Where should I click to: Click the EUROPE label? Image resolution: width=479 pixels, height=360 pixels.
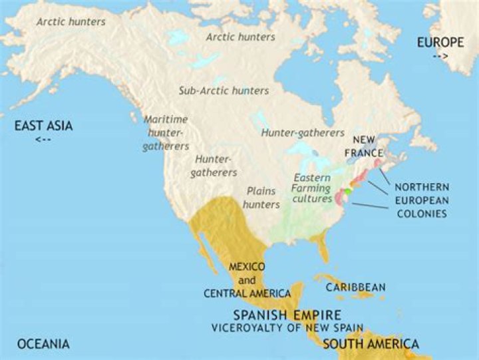pyautogui.click(x=440, y=43)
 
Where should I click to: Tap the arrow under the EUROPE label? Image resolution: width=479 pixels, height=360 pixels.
pyautogui.click(x=440, y=57)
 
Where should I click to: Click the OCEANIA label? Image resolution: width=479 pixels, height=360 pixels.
pyautogui.click(x=43, y=344)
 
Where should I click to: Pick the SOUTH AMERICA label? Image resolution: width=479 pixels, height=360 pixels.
pyautogui.click(x=371, y=344)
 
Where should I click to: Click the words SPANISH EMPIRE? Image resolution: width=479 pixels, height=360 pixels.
pyautogui.click(x=287, y=314)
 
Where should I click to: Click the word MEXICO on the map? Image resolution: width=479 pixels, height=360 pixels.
pyautogui.click(x=247, y=266)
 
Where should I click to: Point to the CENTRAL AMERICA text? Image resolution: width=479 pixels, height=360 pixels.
pyautogui.click(x=247, y=293)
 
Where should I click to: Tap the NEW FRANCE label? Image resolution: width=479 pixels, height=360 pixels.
pyautogui.click(x=367, y=146)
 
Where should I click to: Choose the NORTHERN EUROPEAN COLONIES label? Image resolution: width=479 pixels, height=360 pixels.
pyautogui.click(x=421, y=200)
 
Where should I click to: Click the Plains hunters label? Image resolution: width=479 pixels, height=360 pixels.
pyautogui.click(x=261, y=197)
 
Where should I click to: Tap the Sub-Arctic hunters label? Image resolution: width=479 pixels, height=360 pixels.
pyautogui.click(x=224, y=90)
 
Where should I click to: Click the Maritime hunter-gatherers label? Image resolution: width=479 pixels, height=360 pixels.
pyautogui.click(x=166, y=132)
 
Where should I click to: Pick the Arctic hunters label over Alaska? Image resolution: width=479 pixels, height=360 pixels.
pyautogui.click(x=71, y=22)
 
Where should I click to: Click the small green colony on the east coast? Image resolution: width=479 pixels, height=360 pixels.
pyautogui.click(x=347, y=192)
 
